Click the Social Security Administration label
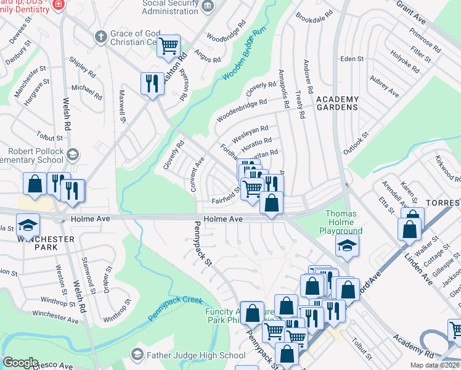point(166,6)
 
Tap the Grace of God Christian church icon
point(100,36)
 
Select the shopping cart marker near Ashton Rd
point(168,46)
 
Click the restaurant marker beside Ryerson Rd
point(152,83)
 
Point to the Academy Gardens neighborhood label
point(337,103)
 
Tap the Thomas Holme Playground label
point(344,222)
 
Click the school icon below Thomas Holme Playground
point(348,245)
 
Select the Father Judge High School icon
point(137,355)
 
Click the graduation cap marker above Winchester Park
point(28,224)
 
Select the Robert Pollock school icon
point(72,154)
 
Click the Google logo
point(20,363)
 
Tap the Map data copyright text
point(434,365)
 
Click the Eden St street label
point(353,59)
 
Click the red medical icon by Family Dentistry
point(59,4)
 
